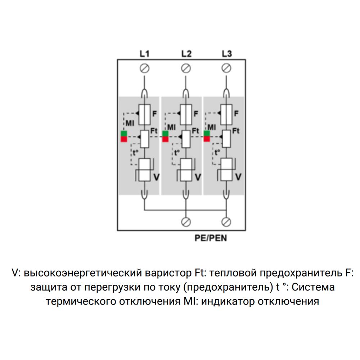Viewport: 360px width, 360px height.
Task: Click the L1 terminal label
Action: [x=145, y=54]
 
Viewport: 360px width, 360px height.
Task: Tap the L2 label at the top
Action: [x=186, y=54]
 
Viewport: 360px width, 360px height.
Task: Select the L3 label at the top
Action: [x=227, y=54]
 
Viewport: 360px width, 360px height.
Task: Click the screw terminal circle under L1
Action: [x=145, y=68]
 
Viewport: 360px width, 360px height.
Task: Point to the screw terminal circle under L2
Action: [x=186, y=68]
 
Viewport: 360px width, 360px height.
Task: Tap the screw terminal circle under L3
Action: [x=226, y=68]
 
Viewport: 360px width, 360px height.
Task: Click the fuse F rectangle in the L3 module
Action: [x=226, y=114]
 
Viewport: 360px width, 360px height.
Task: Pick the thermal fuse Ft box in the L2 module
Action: [x=186, y=139]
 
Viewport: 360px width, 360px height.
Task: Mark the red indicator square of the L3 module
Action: [x=207, y=139]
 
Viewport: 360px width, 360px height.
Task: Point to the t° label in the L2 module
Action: [x=177, y=153]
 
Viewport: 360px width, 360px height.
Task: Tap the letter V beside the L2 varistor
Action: [x=198, y=177]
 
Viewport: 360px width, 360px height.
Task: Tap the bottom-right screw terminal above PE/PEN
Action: [x=226, y=221]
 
